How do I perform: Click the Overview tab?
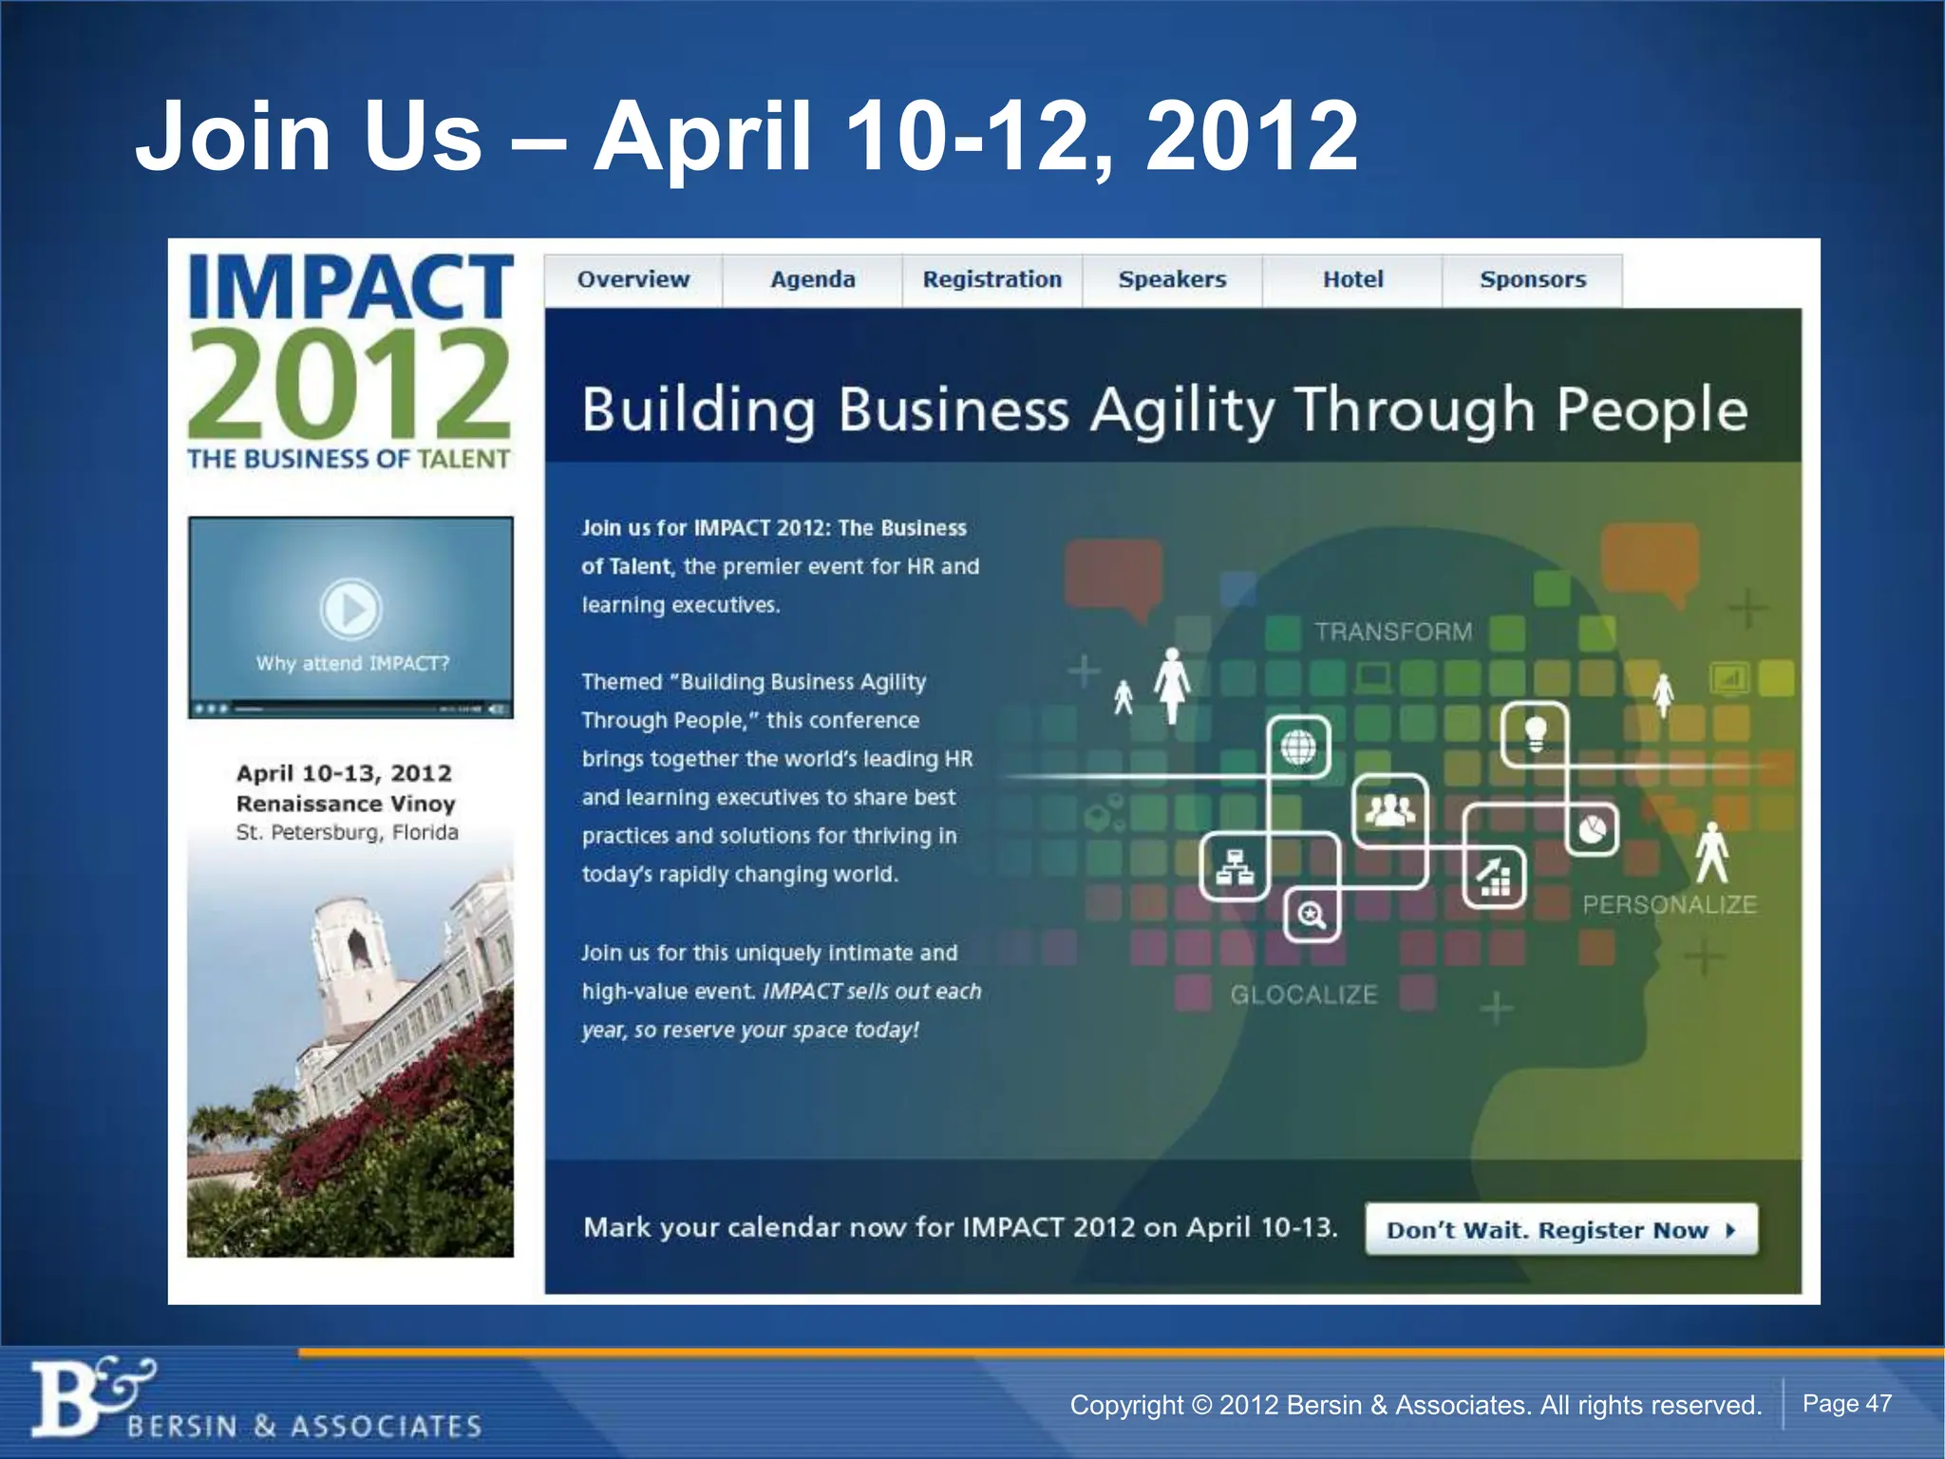tap(633, 280)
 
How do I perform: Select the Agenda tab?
tap(812, 280)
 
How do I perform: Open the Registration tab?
tap(991, 280)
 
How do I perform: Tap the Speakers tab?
tap(1172, 280)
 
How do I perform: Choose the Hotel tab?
tap(1352, 280)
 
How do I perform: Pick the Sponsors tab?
tap(1532, 280)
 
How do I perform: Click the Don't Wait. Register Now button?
tap(1560, 1230)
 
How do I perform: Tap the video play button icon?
tap(350, 609)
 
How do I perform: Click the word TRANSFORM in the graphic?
tap(1392, 632)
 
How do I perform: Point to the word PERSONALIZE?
tap(1669, 904)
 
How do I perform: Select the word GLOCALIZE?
tap(1303, 995)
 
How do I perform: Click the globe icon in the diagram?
tap(1298, 747)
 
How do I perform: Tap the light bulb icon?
tap(1535, 732)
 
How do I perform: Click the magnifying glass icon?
tap(1312, 916)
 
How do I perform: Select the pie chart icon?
tap(1592, 829)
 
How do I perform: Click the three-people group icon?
tap(1389, 810)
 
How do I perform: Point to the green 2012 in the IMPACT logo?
tap(349, 385)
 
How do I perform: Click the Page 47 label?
tap(1846, 1403)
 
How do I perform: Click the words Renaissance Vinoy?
tap(346, 804)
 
